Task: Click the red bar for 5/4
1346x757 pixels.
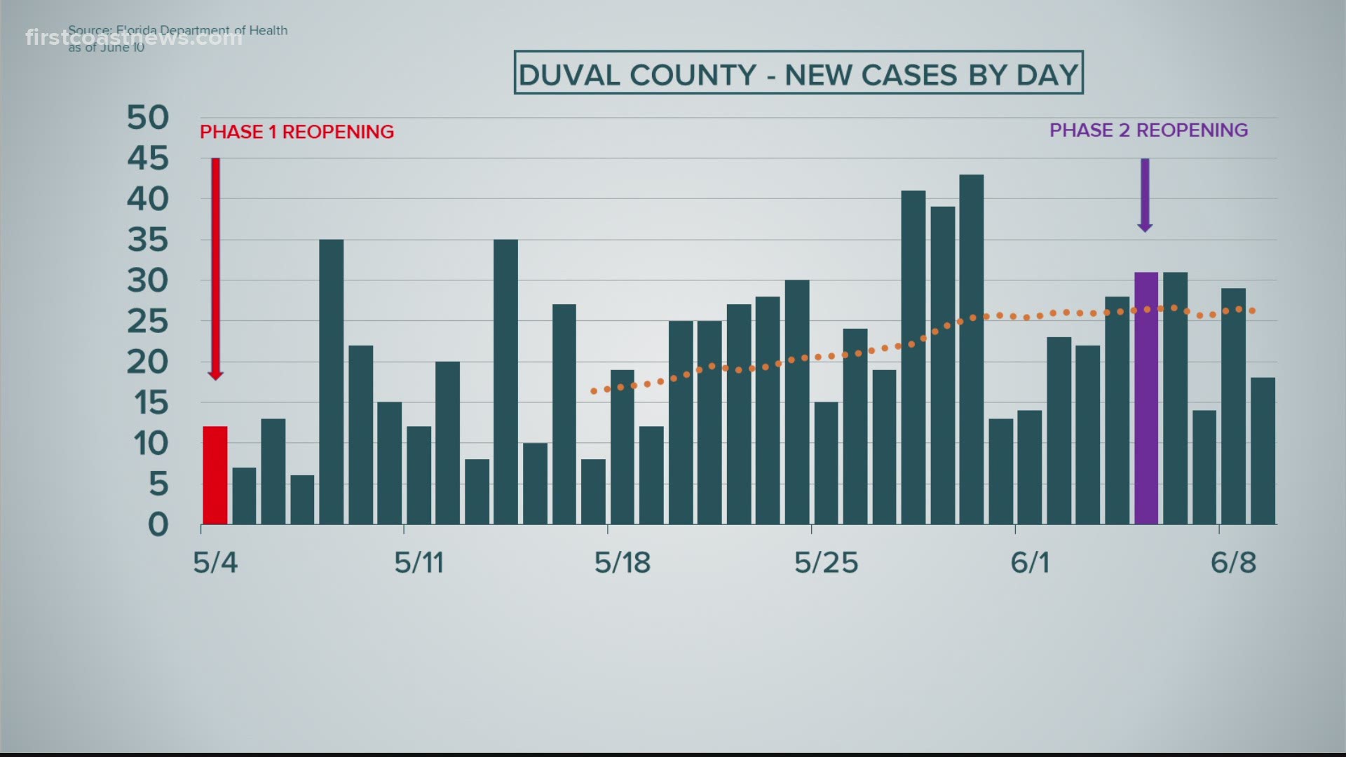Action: coord(215,475)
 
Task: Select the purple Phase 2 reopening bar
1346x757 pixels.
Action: coord(1146,398)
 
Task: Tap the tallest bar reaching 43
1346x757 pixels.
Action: coord(971,349)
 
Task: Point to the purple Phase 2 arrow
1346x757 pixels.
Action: coord(1145,195)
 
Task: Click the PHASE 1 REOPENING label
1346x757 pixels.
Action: coord(297,132)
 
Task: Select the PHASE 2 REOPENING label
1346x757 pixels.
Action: coord(1148,130)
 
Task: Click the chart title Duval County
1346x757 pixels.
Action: coord(798,74)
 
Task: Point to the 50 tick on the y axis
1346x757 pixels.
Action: coord(148,118)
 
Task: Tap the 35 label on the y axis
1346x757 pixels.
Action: coord(148,240)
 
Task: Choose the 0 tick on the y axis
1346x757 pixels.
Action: coord(158,524)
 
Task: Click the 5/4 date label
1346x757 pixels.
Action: coord(215,563)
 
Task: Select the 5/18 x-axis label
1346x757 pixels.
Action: coord(623,563)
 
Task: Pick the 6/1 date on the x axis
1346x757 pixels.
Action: coord(1030,563)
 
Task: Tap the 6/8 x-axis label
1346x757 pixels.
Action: coord(1234,563)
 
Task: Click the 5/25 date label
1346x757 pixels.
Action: coord(826,563)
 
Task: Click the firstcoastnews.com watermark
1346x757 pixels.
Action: coord(134,37)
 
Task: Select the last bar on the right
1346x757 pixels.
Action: coord(1263,451)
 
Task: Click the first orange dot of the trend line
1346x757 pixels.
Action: coord(594,391)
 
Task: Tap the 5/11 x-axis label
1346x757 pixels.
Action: coord(419,563)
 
